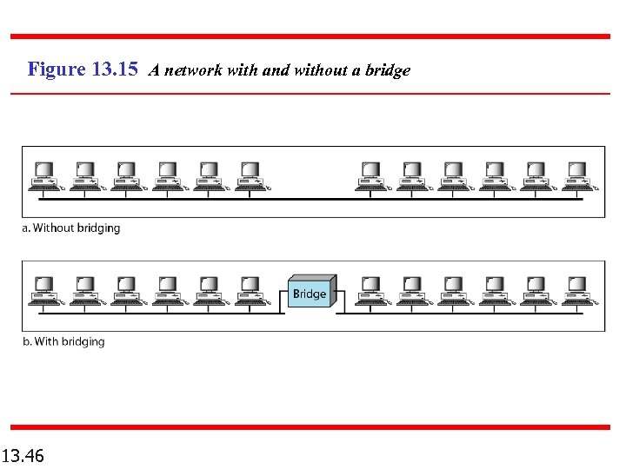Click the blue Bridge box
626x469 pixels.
[x=310, y=294]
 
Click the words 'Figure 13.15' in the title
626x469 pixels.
[x=83, y=69]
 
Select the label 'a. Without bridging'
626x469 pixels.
[x=71, y=228]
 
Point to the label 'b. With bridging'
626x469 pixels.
[x=63, y=341]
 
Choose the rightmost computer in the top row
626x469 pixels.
[x=577, y=175]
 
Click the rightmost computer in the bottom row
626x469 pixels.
[x=577, y=290]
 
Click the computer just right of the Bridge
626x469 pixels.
[x=372, y=290]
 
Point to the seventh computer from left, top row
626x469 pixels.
[x=372, y=175]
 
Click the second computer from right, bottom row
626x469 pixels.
[x=536, y=290]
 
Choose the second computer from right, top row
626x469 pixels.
[x=536, y=175]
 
